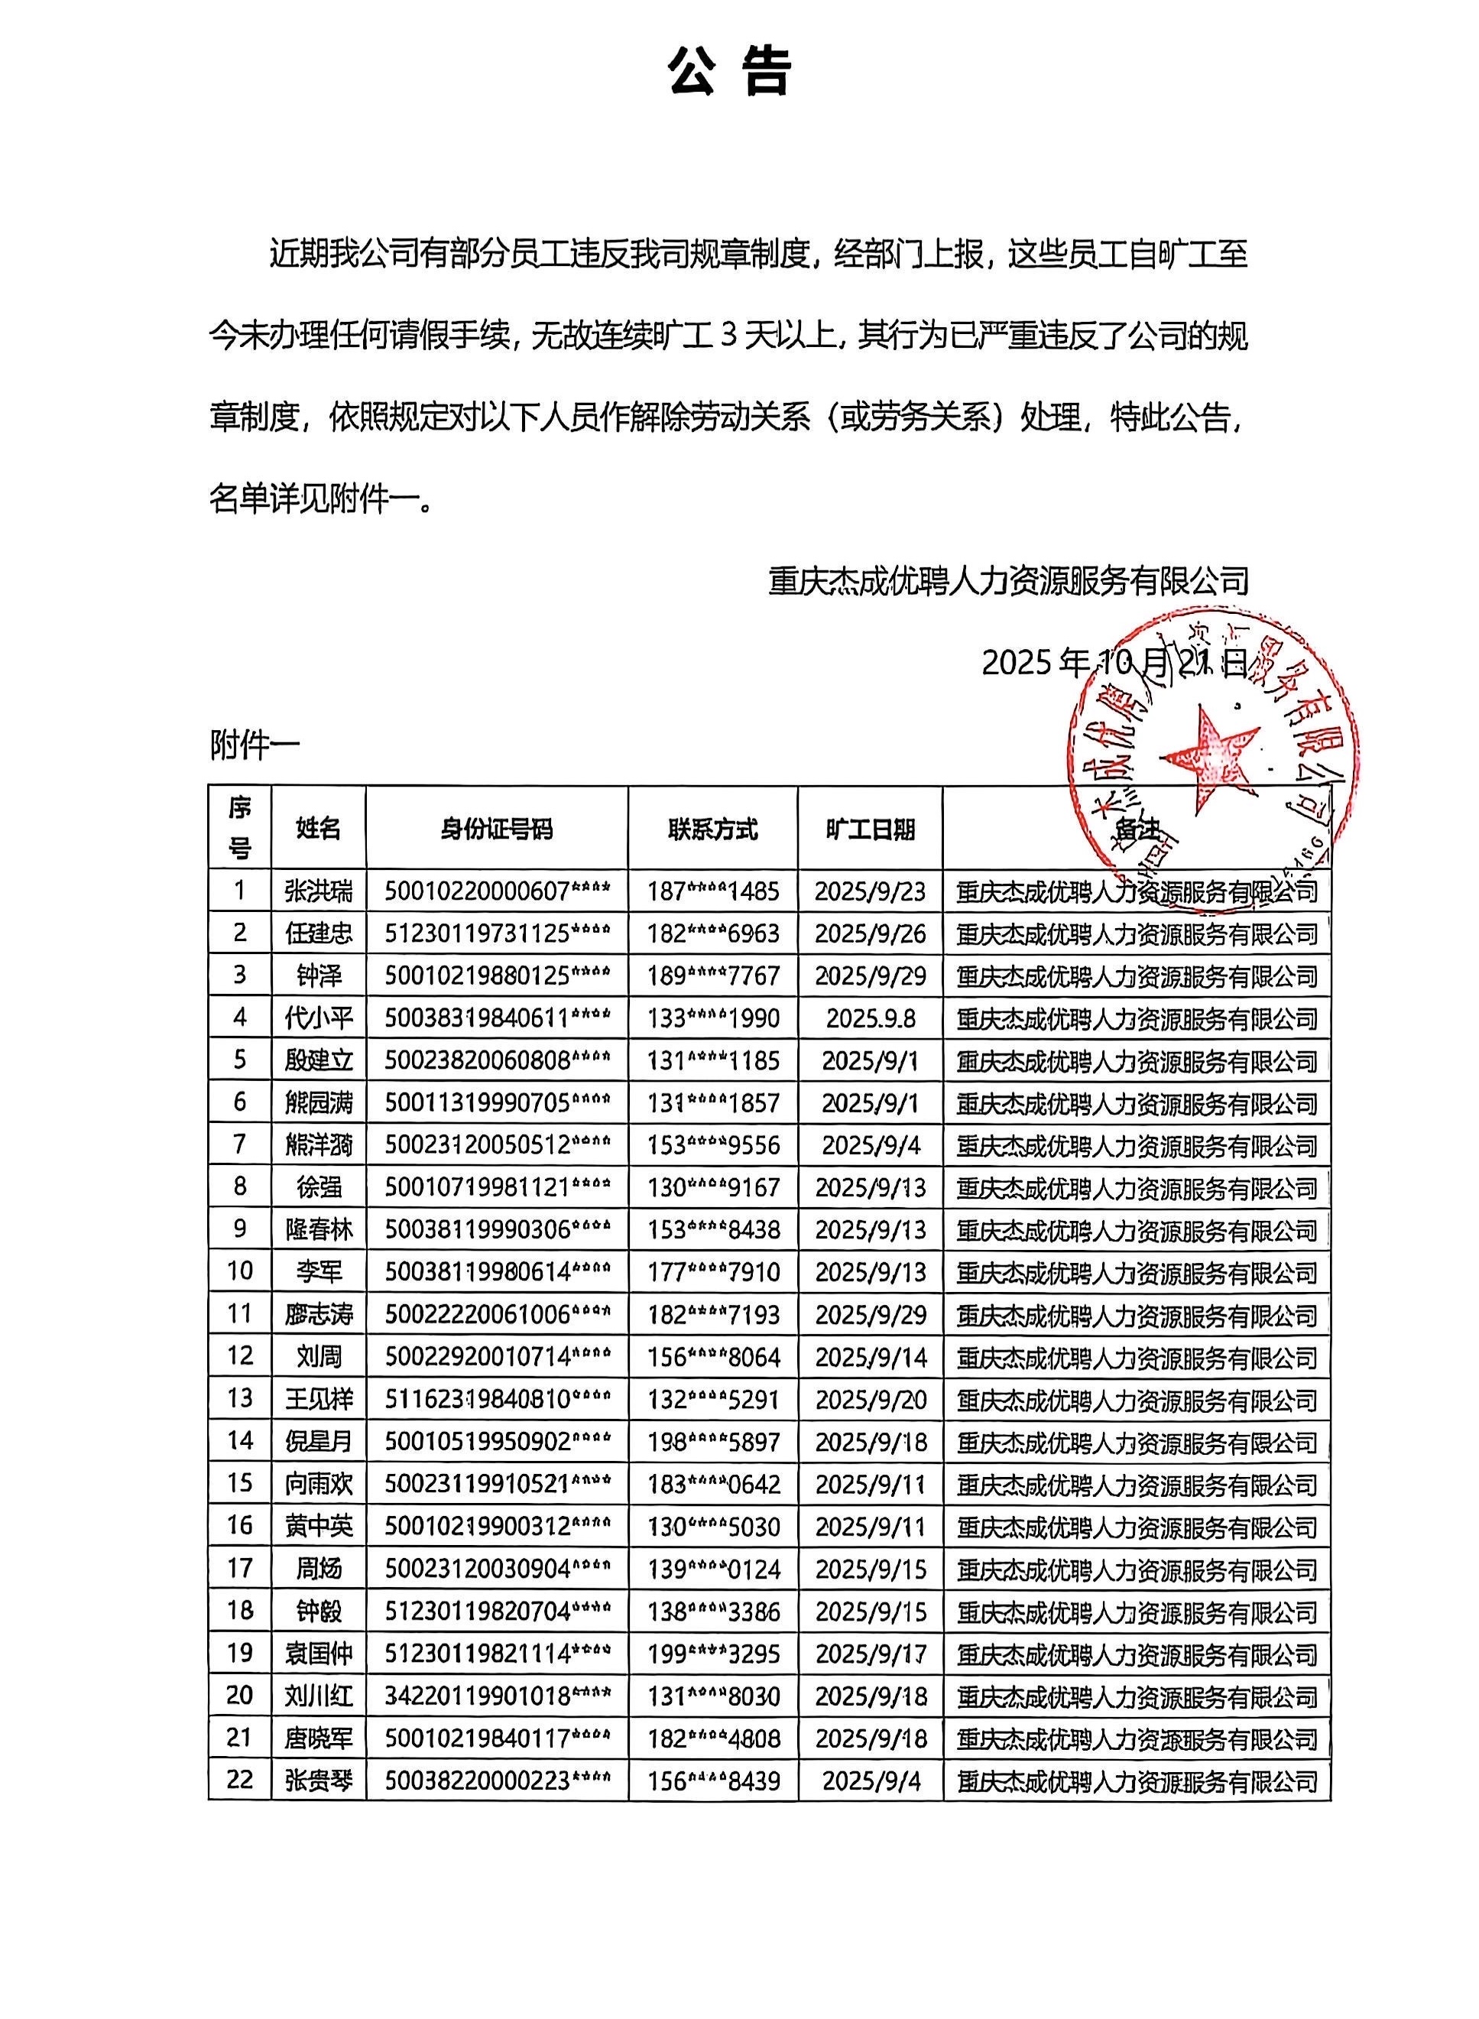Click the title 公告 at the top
tap(730, 72)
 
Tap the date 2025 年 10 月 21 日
tap(1114, 663)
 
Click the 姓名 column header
tap(318, 828)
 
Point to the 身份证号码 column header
tap(497, 828)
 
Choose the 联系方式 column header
tap(712, 828)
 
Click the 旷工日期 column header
tap(871, 828)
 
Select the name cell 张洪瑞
tap(318, 891)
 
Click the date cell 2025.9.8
tap(871, 1018)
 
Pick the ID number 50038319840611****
tap(498, 1018)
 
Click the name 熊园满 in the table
tap(318, 1102)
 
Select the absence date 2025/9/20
tap(871, 1398)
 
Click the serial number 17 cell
tap(239, 1568)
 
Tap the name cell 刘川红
tap(318, 1695)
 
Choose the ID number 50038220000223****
tap(498, 1780)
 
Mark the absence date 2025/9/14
tap(871, 1356)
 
